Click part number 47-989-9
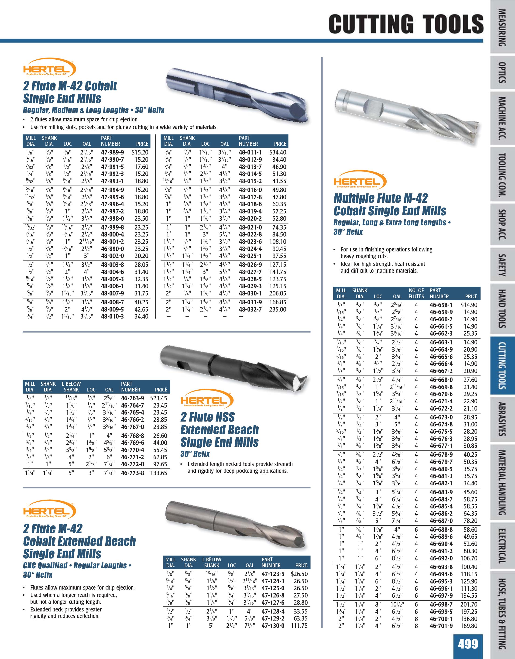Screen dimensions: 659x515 click(112, 152)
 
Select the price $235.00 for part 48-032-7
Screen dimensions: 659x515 click(278, 309)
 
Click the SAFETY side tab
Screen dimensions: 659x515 click(502, 265)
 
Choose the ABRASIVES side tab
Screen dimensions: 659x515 click(502, 419)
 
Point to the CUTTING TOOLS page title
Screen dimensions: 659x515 click(406, 24)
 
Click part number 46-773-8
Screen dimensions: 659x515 click(132, 473)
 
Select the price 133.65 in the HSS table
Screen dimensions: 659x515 click(158, 473)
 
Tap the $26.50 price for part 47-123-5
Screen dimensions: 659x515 click(299, 574)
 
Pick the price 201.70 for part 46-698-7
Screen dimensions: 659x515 click(469, 604)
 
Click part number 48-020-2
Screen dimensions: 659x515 click(250, 218)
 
